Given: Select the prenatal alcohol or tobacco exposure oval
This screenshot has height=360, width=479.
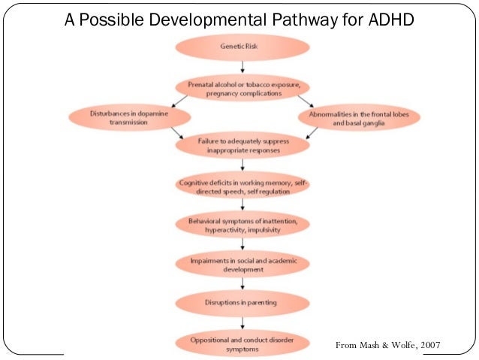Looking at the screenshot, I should (x=242, y=87).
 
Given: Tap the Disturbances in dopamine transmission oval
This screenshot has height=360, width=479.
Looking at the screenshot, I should (x=128, y=116).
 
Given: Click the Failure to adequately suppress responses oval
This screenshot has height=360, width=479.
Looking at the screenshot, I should (x=242, y=145).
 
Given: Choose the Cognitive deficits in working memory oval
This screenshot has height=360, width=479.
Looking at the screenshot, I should (x=242, y=186).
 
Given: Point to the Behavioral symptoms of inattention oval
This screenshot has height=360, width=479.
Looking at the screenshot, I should (x=242, y=224).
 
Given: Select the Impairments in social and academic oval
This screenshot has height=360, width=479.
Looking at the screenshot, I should (x=242, y=264).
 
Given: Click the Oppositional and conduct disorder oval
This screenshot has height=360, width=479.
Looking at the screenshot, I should (x=242, y=345).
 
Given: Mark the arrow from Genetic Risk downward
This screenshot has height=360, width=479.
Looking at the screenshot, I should (x=242, y=66).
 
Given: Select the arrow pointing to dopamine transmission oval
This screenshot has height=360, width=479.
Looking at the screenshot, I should (x=179, y=101).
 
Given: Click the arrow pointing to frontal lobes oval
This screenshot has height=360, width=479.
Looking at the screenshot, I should (x=303, y=101).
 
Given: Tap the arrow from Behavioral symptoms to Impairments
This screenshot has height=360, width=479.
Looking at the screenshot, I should (x=242, y=244).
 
